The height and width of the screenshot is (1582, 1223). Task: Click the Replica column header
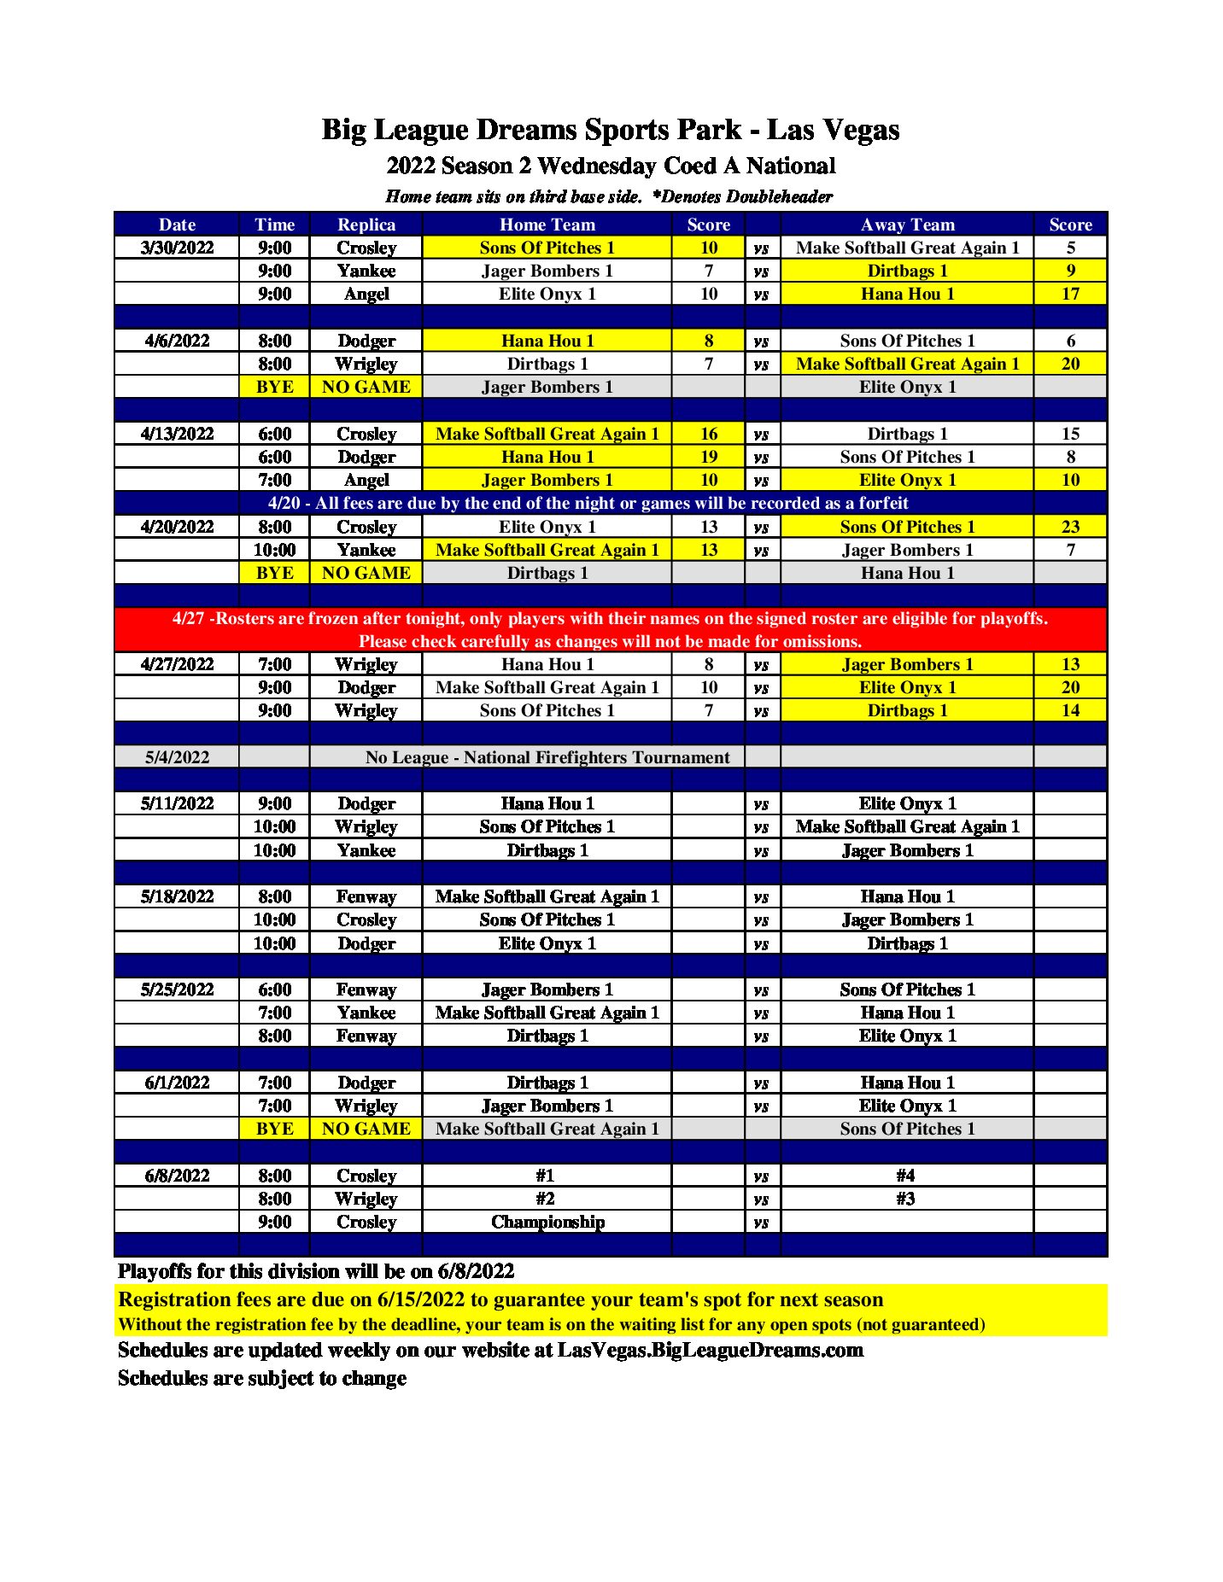pos(366,225)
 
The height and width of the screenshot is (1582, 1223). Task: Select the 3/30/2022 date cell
pos(177,248)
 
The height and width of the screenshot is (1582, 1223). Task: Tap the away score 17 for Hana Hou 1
pos(1070,294)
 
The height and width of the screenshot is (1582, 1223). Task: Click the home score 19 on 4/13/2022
pos(709,457)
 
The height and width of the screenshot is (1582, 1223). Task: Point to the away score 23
pos(1070,527)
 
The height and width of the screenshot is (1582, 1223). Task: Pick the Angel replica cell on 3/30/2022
pos(366,294)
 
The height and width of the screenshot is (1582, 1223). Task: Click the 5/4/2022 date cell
pos(177,757)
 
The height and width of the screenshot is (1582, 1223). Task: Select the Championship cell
pos(547,1222)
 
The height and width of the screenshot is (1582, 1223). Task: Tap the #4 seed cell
pos(906,1176)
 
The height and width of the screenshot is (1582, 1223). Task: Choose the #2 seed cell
pos(546,1199)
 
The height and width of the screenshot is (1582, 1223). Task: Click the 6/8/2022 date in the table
pos(177,1176)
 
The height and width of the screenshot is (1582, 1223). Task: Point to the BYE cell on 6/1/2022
pos(274,1129)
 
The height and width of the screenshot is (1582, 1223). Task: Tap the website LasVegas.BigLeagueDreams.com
pos(710,1350)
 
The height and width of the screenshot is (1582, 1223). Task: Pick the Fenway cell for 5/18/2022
pos(366,896)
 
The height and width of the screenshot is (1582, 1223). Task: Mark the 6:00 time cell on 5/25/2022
pos(274,989)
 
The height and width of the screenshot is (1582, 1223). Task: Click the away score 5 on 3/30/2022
pos(1070,248)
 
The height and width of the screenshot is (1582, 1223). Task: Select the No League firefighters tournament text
pos(547,757)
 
